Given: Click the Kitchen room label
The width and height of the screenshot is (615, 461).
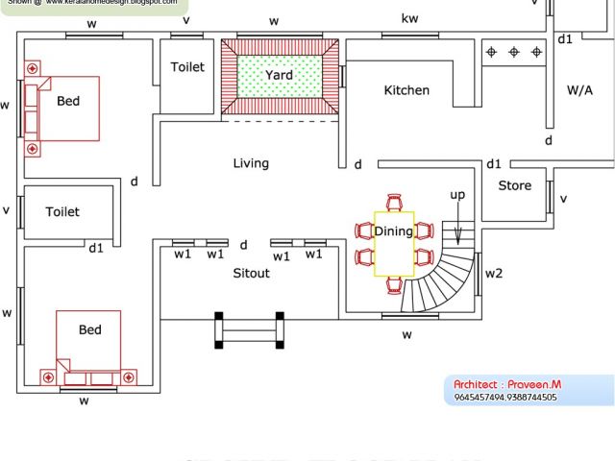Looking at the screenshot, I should pos(406,90).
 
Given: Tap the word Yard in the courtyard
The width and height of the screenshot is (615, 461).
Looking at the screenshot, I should pos(280,75).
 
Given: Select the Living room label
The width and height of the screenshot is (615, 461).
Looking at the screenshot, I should pos(251,163).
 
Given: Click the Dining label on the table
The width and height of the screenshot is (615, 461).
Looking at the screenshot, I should pos(393,231).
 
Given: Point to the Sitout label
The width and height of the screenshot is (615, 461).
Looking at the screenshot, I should pos(252,273).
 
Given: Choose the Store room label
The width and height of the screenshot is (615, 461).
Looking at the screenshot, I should pos(514,185).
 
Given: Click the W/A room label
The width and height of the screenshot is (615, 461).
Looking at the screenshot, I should pos(579,90).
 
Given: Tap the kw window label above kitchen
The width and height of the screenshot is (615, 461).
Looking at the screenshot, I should pos(409,18).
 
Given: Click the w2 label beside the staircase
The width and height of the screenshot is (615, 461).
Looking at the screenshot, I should pos(494,274).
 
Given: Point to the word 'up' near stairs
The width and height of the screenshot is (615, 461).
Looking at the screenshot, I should pos(457,195).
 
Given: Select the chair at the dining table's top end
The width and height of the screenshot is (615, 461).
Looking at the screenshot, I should pos(393,203).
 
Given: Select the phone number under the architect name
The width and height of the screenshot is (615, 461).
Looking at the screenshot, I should pos(504,397).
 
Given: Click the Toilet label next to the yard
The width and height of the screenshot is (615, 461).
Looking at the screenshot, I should pos(187,67).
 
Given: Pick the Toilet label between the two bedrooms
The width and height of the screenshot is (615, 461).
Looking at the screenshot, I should pos(62,211).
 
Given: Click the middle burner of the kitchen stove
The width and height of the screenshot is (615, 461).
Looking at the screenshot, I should pos(513,52).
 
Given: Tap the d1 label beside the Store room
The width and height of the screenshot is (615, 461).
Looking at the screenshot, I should pos(495,164).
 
